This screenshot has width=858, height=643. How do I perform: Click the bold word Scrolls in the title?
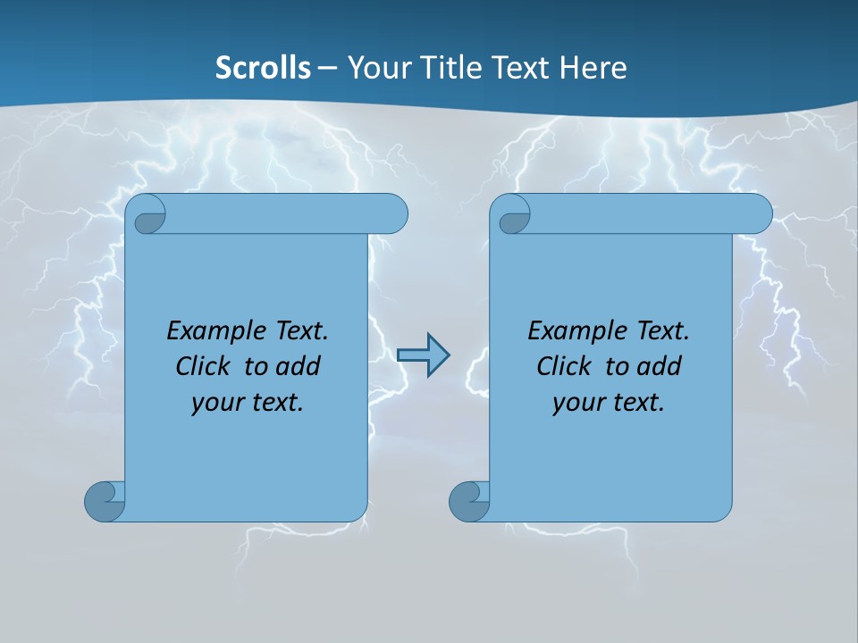point(263,68)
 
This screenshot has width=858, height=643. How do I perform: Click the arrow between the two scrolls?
point(423,355)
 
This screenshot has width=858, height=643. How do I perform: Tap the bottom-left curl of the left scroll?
point(104,500)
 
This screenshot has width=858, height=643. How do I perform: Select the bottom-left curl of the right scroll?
point(468,501)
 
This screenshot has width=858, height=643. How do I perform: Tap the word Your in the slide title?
point(378,68)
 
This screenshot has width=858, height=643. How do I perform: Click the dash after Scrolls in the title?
point(327,68)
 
